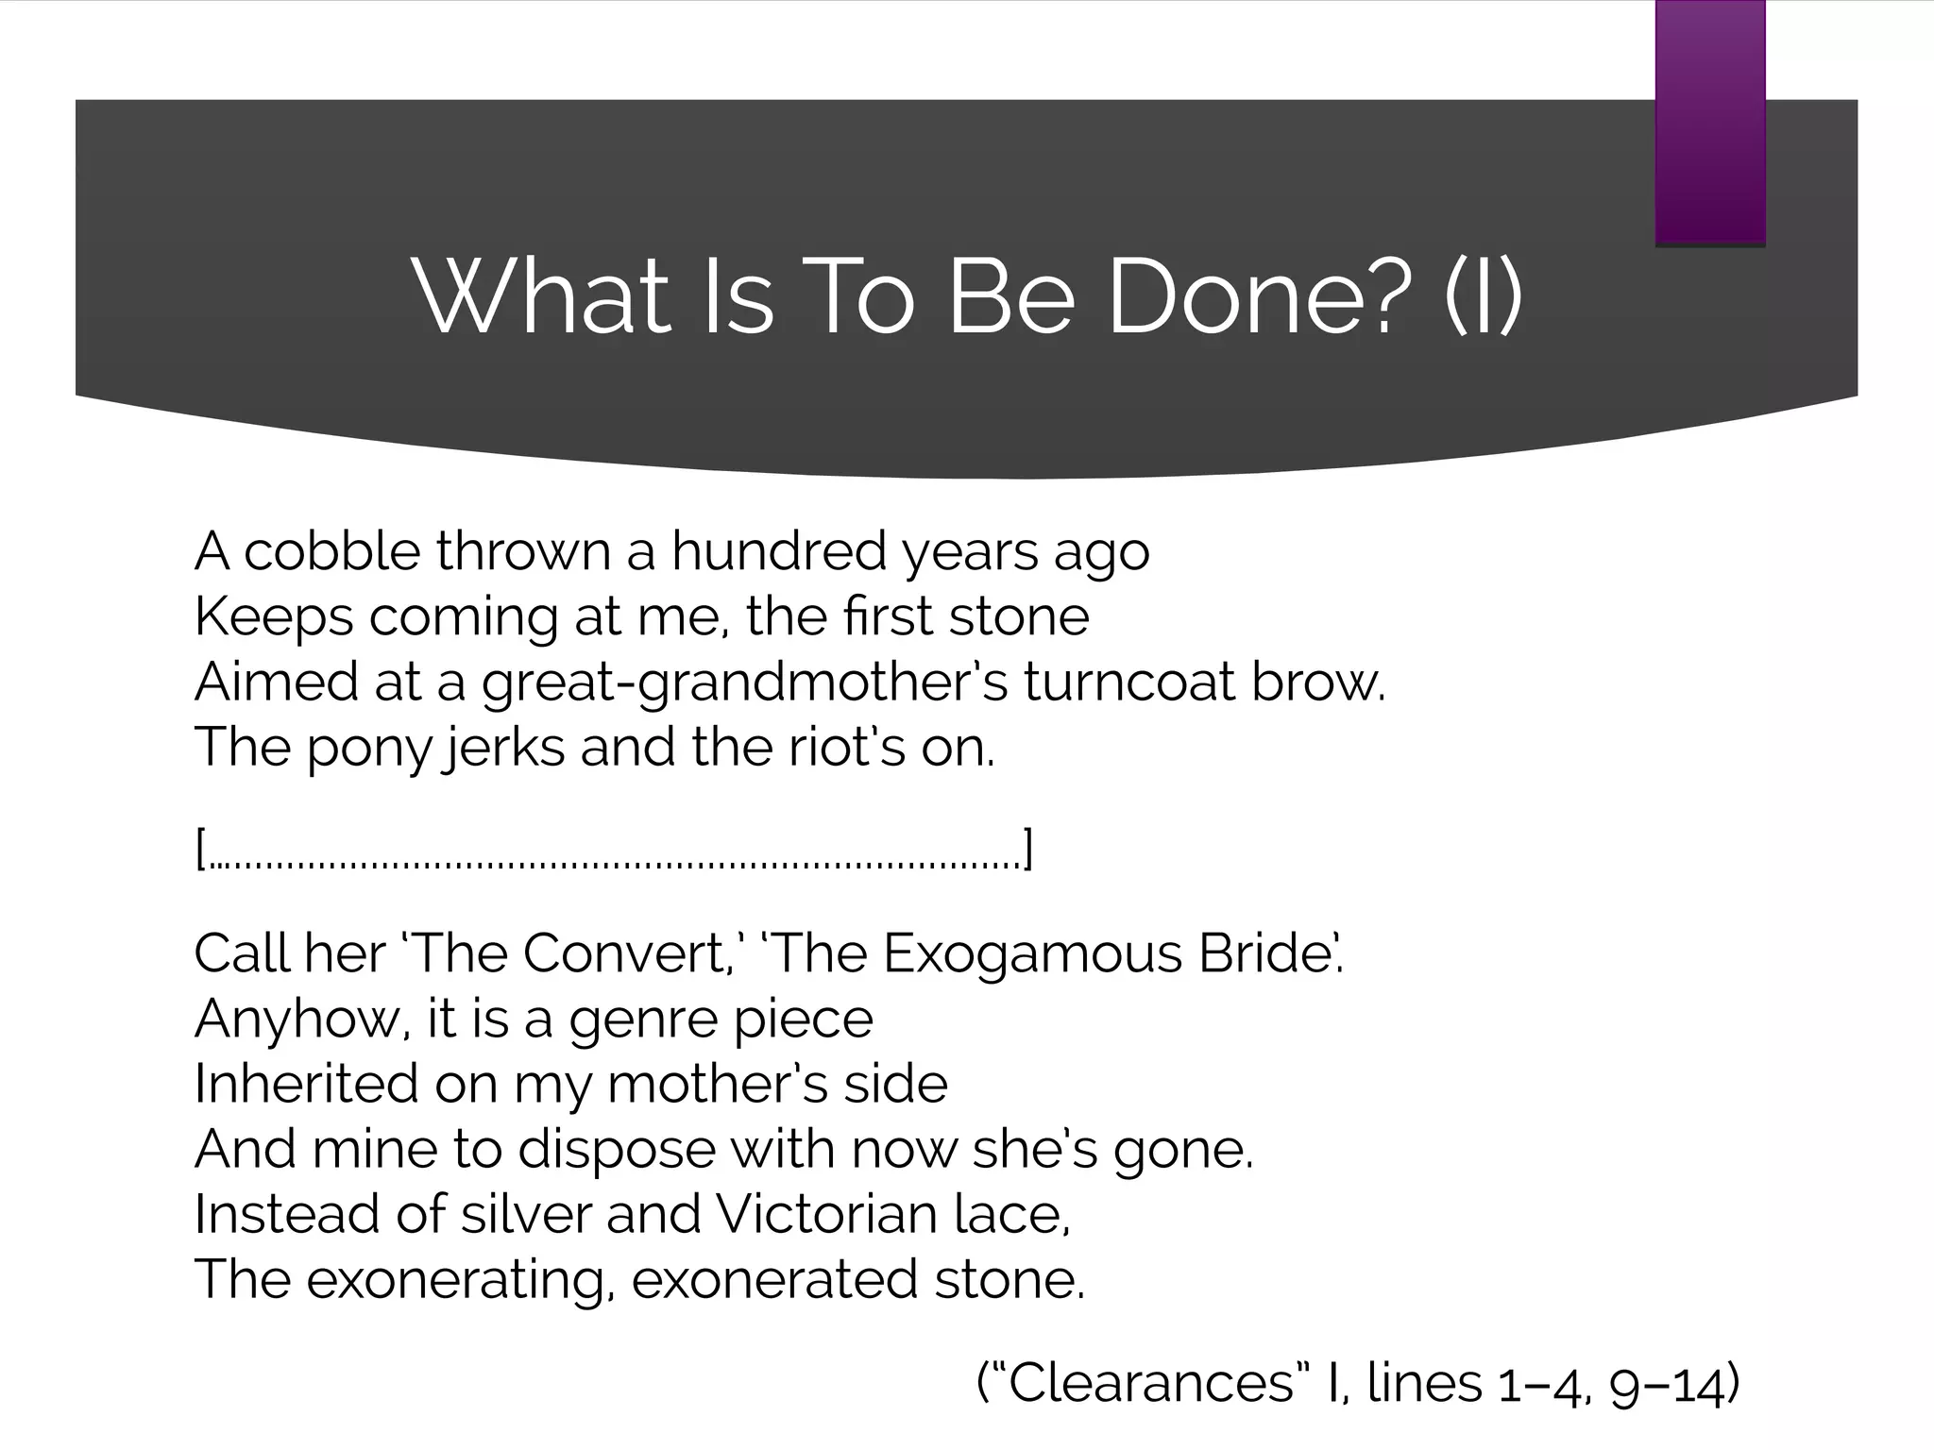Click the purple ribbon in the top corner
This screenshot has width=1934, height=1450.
[x=1709, y=123]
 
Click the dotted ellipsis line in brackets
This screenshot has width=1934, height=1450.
[x=614, y=851]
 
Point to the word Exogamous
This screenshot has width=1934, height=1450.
[x=1032, y=954]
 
